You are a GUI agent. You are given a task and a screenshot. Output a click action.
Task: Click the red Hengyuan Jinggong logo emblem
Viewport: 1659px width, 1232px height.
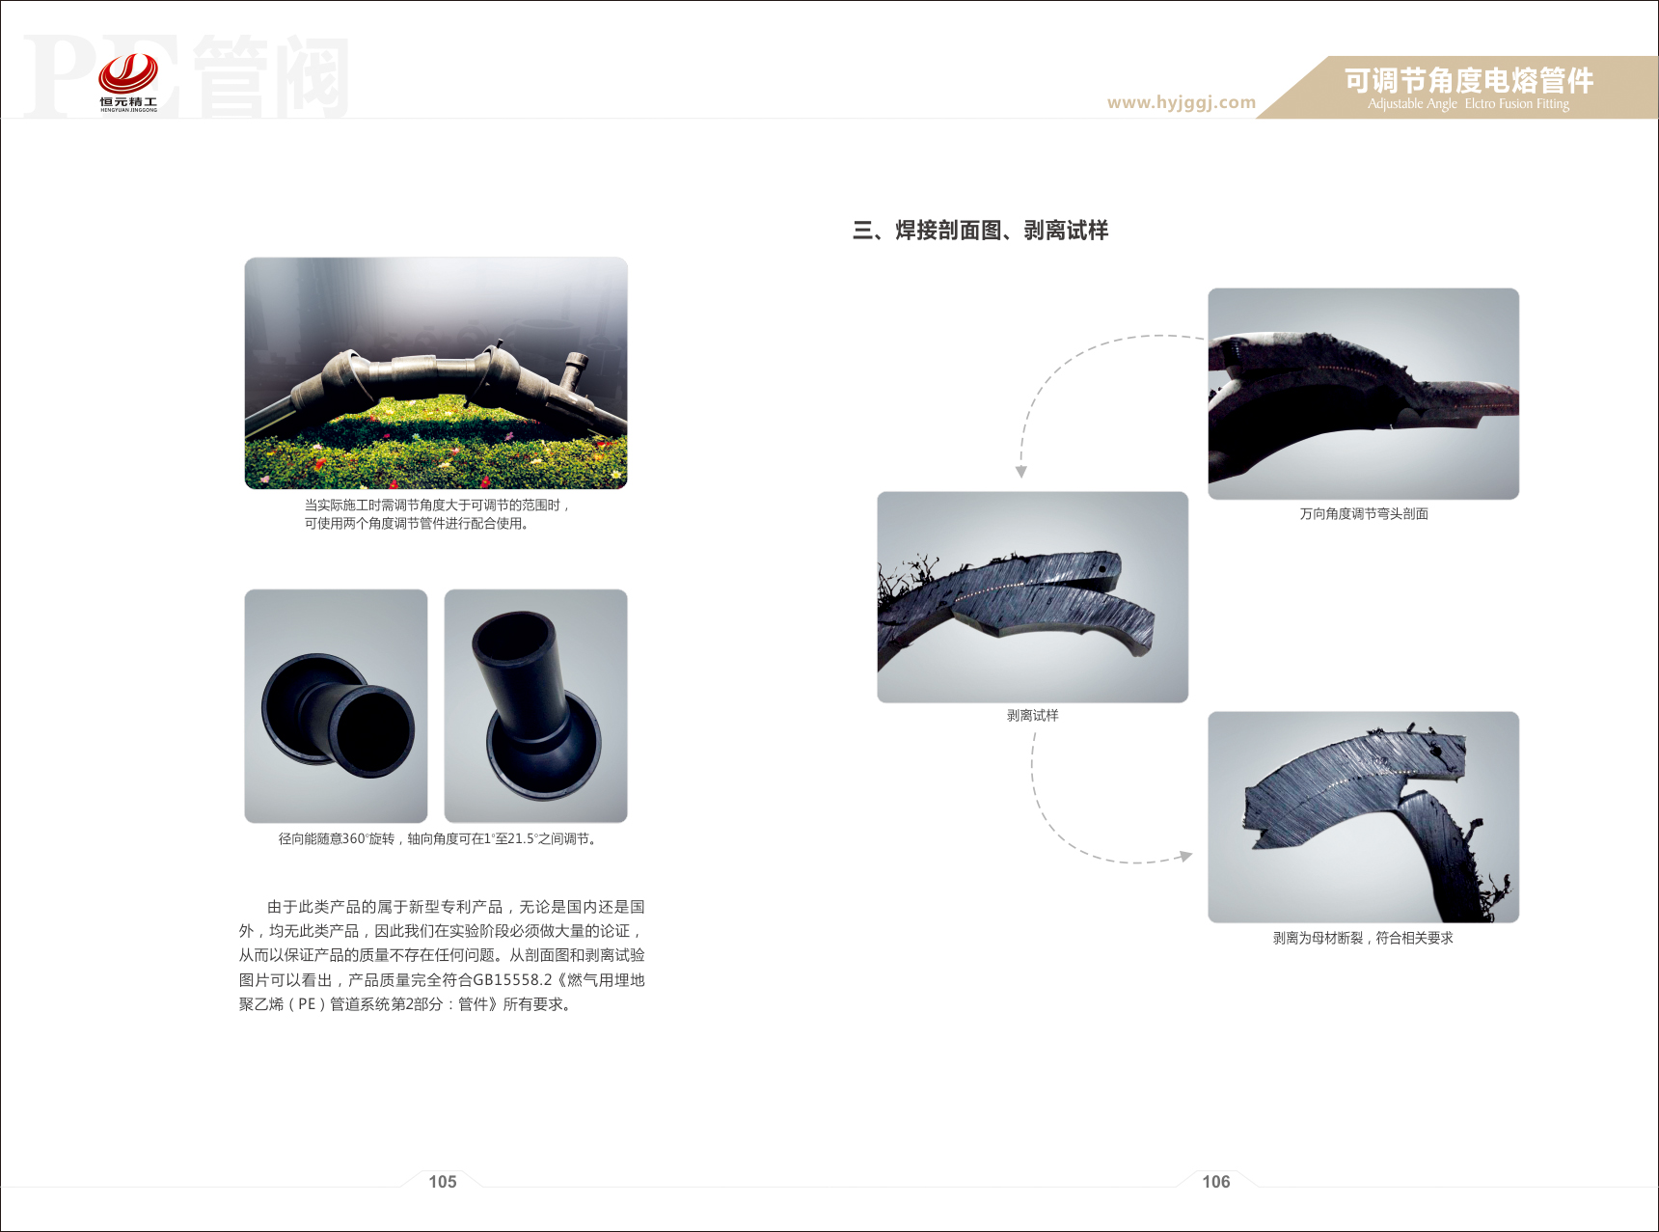coord(128,73)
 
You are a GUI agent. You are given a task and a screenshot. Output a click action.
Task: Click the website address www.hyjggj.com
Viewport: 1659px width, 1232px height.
coord(1182,102)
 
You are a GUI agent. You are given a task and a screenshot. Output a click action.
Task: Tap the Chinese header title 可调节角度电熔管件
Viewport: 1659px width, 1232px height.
coord(1469,80)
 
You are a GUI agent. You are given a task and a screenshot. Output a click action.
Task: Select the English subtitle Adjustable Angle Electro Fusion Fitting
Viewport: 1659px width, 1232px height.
coord(1468,104)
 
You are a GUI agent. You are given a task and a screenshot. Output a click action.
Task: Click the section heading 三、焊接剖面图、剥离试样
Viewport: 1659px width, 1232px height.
coord(980,231)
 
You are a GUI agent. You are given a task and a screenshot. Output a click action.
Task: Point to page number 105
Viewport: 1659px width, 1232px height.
coord(443,1182)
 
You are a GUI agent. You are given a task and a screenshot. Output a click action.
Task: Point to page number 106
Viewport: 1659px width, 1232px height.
coord(1216,1182)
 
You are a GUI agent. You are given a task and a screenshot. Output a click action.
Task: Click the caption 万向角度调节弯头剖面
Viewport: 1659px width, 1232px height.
coord(1364,514)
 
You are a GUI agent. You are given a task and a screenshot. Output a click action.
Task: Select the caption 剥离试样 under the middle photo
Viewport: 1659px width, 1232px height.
coord(1033,716)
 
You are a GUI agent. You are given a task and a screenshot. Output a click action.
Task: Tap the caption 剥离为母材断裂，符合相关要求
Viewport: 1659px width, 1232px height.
coord(1363,938)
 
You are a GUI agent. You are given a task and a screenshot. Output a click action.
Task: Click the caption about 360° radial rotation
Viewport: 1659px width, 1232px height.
coord(439,839)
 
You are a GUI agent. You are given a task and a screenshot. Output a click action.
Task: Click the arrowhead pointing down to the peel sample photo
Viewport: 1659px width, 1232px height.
coord(1020,472)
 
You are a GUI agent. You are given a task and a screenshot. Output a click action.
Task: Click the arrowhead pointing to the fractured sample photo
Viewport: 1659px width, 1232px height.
coord(1186,856)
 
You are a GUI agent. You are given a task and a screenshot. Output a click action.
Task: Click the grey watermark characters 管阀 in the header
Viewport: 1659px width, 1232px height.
coord(271,76)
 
